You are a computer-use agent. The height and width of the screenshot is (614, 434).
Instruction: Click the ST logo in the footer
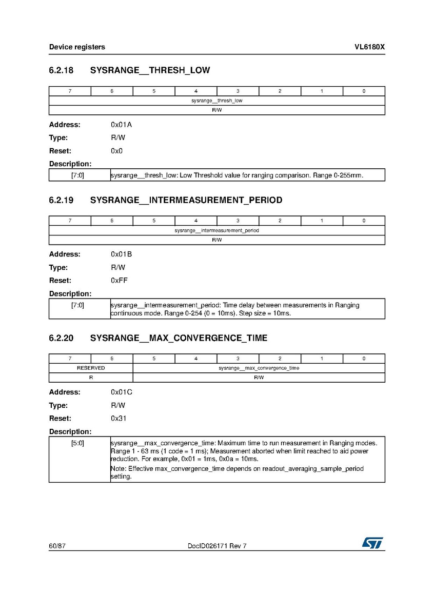pos(373,543)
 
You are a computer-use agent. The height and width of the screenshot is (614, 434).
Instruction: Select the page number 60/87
pos(57,546)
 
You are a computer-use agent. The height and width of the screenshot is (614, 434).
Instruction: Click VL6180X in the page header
pos(369,47)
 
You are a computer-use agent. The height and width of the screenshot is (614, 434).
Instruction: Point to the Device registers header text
pos(77,47)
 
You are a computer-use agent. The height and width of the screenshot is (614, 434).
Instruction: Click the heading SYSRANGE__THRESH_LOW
pos(150,70)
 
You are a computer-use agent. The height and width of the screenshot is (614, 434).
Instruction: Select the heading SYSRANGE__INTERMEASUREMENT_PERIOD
pos(186,200)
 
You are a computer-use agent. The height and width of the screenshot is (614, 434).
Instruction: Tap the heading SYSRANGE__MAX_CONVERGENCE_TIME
pos(179,338)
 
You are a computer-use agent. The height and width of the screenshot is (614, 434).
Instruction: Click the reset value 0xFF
pos(120,281)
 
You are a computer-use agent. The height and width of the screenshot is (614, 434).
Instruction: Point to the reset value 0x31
pos(119,419)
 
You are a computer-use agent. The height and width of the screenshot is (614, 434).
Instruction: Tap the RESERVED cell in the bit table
pos(91,368)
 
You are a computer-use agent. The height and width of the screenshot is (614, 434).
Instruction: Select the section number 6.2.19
pos(61,200)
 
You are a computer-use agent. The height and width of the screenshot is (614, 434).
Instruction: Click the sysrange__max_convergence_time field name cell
pos(259,368)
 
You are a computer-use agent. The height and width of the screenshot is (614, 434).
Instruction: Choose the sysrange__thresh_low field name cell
pos(216,101)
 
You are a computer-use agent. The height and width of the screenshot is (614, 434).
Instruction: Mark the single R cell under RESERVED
pos(91,378)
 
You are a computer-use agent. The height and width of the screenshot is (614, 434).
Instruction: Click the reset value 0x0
pos(116,151)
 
